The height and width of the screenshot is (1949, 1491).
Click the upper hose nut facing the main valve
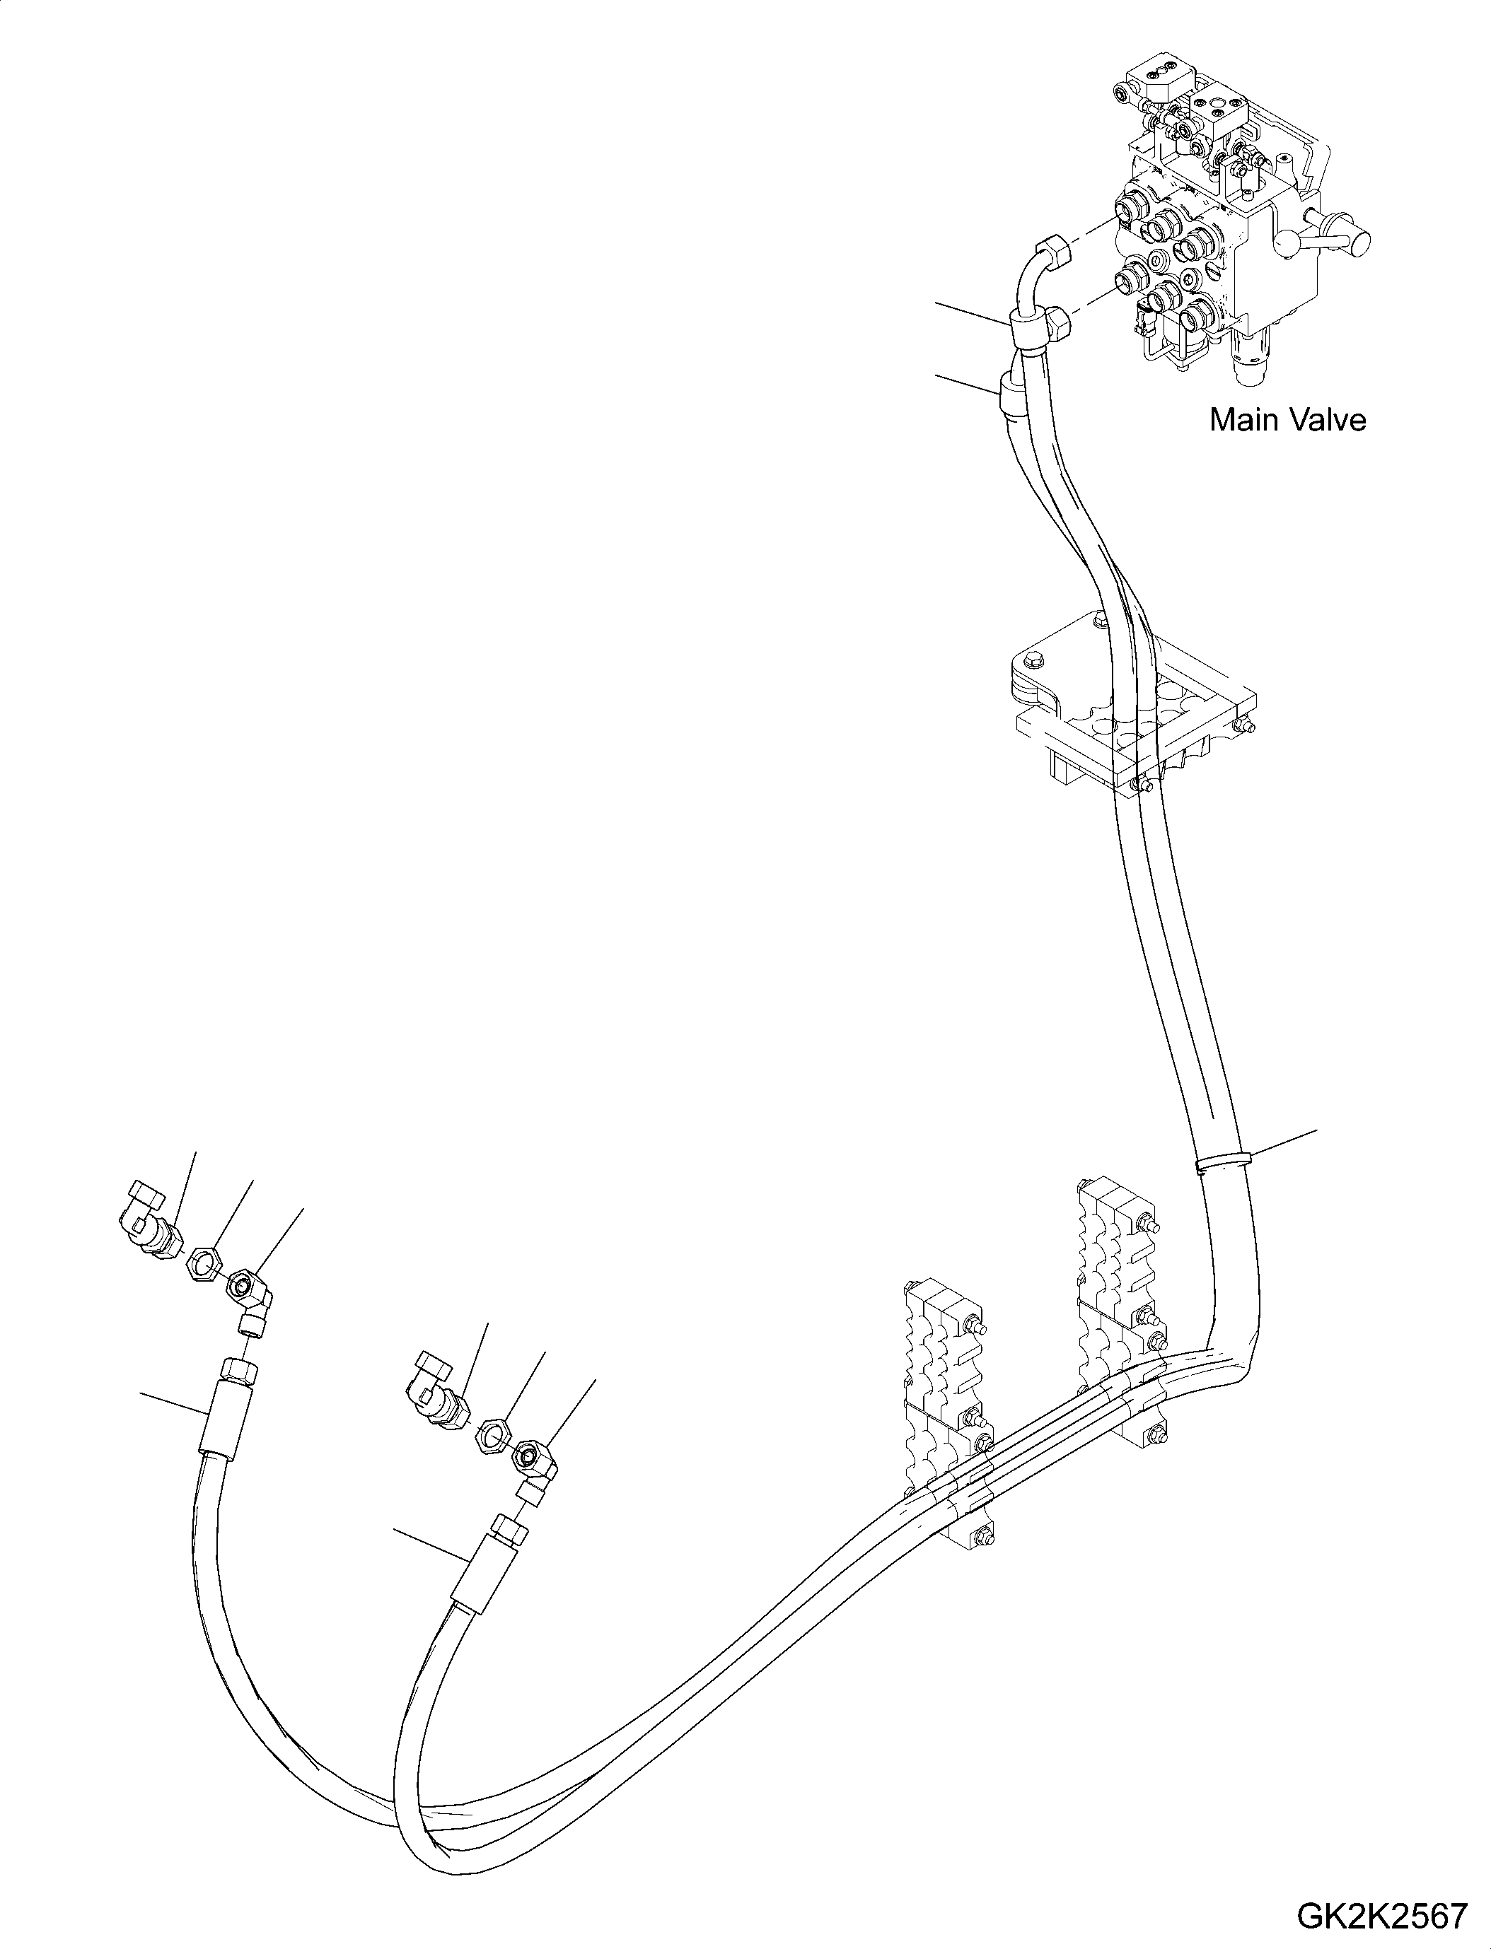tap(1052, 251)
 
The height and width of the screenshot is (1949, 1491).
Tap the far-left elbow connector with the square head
tap(149, 1219)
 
